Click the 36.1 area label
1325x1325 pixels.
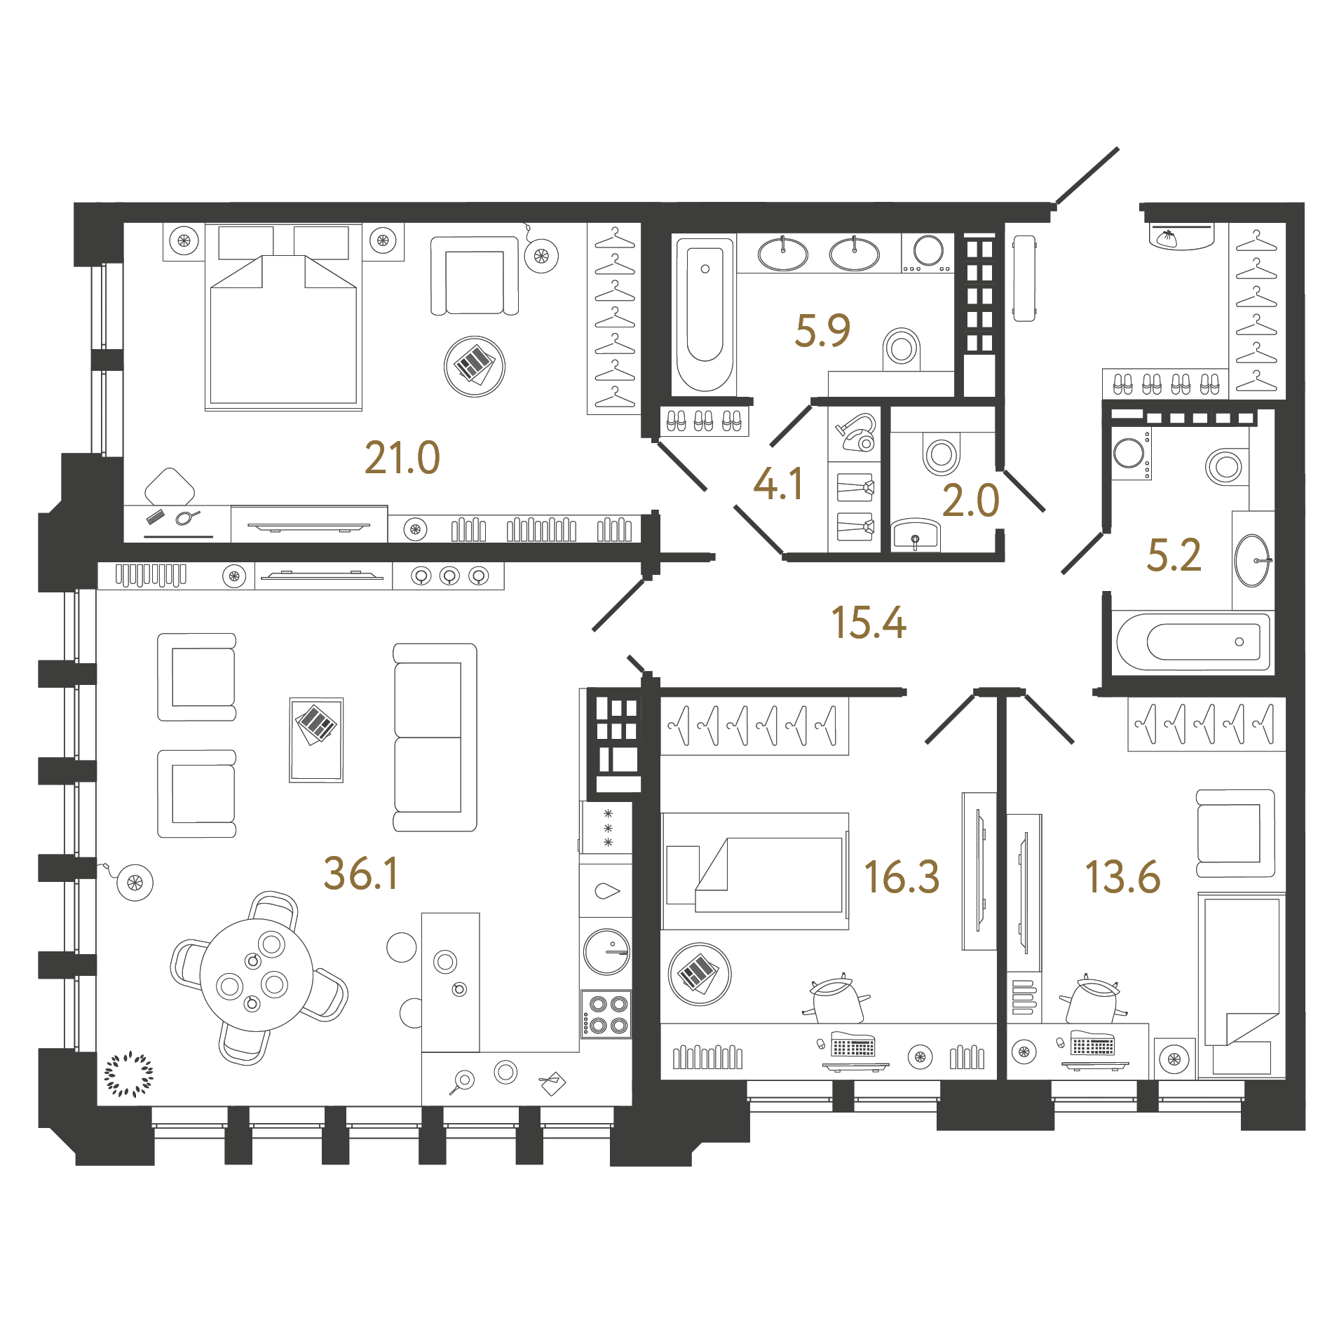(x=361, y=874)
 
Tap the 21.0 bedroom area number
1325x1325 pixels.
(x=402, y=458)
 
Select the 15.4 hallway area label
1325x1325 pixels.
(x=869, y=623)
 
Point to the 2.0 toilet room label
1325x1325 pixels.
(x=970, y=501)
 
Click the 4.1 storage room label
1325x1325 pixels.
(x=778, y=484)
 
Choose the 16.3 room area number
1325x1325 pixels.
(x=902, y=877)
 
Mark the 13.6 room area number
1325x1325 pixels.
(x=1122, y=877)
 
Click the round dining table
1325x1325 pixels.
(x=257, y=975)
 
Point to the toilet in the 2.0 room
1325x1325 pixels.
(x=941, y=454)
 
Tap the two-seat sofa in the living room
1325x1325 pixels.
(x=435, y=738)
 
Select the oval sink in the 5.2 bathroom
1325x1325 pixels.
(x=1252, y=560)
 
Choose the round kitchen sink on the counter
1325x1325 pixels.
(x=607, y=952)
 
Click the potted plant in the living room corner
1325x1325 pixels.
(x=128, y=1074)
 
